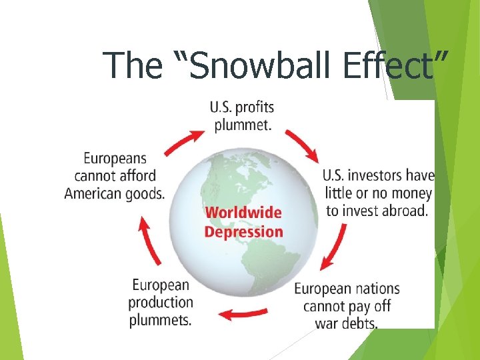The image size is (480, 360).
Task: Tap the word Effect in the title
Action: [x=399, y=65]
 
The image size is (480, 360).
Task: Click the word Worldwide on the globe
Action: [x=243, y=213]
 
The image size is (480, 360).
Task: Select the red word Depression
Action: [x=243, y=232]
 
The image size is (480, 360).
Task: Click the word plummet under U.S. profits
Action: [x=242, y=125]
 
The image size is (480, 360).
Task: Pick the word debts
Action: [x=359, y=324]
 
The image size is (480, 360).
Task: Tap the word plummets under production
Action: [x=160, y=320]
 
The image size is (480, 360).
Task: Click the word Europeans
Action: [x=115, y=159]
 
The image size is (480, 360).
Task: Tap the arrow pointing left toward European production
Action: [x=243, y=313]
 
